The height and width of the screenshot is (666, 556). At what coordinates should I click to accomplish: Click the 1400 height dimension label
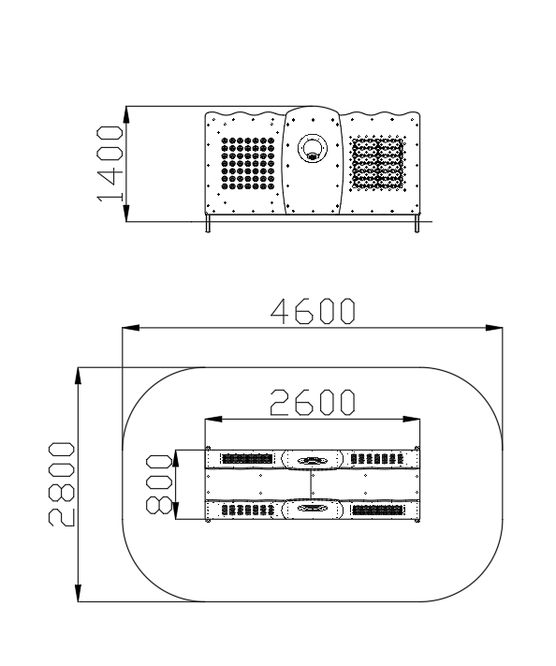pos(110,164)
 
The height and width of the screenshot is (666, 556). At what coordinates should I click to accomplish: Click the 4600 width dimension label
pos(313,311)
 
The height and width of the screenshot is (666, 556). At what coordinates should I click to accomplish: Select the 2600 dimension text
pos(313,402)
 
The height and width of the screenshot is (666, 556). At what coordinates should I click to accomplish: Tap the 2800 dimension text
pos(62,484)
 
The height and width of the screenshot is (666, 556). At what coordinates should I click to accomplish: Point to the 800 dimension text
pos(159,483)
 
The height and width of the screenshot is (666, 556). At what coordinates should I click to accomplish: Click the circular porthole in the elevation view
pos(313,148)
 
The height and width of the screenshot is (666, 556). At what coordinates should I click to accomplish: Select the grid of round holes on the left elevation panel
pos(248,164)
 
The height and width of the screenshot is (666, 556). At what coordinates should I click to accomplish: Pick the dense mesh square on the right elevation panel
pos(378,164)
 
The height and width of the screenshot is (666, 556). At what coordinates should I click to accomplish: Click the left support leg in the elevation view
pos(208,224)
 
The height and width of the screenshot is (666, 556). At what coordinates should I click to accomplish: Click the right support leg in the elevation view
pos(417,224)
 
